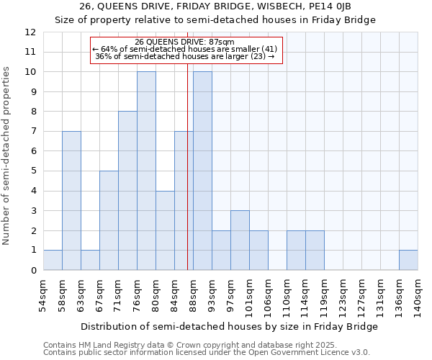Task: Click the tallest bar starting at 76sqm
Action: [146, 171]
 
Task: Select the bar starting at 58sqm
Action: [71, 200]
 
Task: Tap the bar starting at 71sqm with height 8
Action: [127, 190]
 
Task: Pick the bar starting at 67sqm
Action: [109, 220]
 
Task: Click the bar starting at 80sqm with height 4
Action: [165, 230]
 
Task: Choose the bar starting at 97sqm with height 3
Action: [240, 240]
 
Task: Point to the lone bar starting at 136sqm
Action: [408, 260]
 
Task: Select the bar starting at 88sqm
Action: [202, 171]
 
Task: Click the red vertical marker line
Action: [187, 180]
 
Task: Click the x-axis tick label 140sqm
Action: [418, 293]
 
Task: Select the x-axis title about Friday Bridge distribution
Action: [229, 326]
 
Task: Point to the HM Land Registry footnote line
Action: [190, 345]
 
